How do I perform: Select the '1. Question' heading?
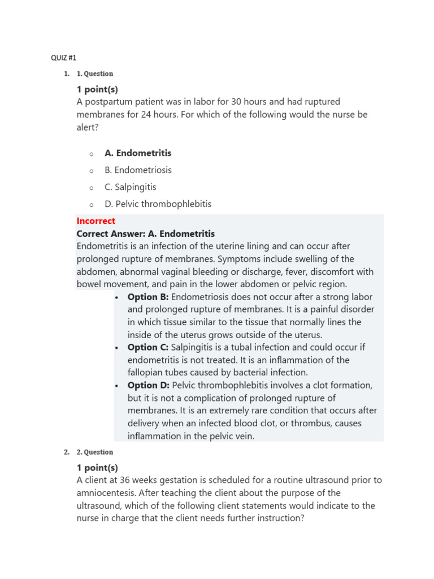[x=94, y=74]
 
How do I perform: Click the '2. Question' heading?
[x=94, y=452]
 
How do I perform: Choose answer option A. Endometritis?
[x=138, y=153]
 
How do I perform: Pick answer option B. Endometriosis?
[x=138, y=170]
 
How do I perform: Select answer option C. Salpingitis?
[x=131, y=187]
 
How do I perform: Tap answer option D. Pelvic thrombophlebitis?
[x=158, y=204]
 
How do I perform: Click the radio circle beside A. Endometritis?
[x=90, y=154]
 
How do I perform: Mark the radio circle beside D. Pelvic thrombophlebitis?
[x=90, y=205]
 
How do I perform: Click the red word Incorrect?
[x=96, y=221]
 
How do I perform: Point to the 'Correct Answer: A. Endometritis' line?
[x=145, y=234]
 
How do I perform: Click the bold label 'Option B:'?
[x=148, y=297]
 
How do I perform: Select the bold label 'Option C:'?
[x=148, y=347]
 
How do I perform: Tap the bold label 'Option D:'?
[x=148, y=385]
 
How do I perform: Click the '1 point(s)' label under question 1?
[x=97, y=89]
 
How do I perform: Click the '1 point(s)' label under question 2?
[x=97, y=468]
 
